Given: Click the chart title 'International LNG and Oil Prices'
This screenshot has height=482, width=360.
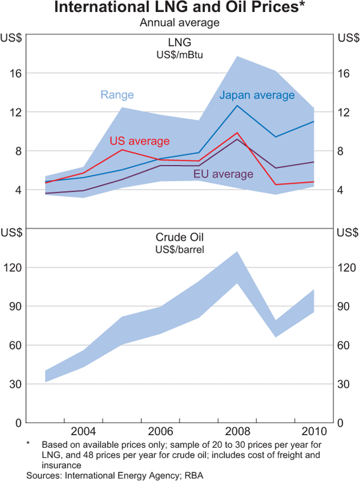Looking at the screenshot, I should (x=177, y=8).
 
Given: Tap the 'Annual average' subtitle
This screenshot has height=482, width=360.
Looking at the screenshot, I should (x=179, y=23).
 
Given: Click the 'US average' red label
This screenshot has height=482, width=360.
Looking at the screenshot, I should (x=140, y=140).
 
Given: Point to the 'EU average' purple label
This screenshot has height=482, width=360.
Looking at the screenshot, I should (x=223, y=174).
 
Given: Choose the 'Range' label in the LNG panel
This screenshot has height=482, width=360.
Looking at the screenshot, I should (x=117, y=95).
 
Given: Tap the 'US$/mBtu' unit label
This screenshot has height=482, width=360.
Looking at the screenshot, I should (x=179, y=55).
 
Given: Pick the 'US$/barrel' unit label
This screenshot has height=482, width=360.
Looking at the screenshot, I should (x=179, y=249).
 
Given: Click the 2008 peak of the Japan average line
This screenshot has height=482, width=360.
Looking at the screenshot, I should (x=238, y=106).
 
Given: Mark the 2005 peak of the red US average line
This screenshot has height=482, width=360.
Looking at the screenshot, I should (x=122, y=149).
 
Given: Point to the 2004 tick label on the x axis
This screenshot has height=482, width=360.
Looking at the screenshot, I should (x=83, y=432).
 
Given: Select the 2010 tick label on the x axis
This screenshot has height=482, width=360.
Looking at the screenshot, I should (x=314, y=432).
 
